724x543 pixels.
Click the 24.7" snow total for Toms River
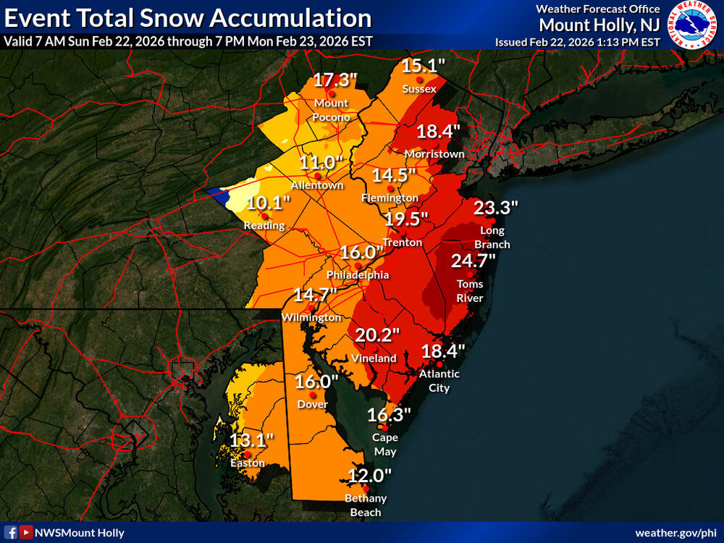coord(473,260)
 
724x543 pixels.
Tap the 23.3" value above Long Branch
coord(496,208)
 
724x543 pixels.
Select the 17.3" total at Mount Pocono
coord(335,80)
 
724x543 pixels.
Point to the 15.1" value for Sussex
coord(424,66)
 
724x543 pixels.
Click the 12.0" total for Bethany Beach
coord(369,475)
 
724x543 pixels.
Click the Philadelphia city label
coord(358,275)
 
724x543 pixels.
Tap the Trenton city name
coord(402,243)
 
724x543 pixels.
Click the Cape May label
coord(384,444)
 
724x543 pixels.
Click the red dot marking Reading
coord(266,215)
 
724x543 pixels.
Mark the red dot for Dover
coord(313,395)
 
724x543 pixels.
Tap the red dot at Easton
coord(248,453)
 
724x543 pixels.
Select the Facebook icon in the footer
coord(12,533)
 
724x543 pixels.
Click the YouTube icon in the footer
coord(26,533)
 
